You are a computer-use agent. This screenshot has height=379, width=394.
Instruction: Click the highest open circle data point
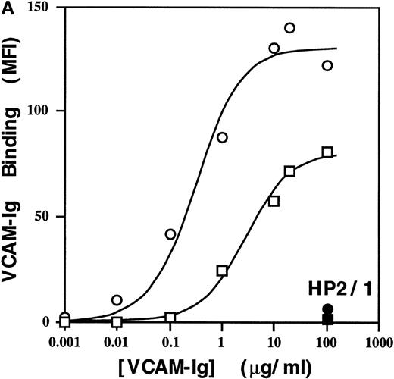tap(289, 28)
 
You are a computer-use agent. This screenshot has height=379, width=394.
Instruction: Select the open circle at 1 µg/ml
tap(222, 137)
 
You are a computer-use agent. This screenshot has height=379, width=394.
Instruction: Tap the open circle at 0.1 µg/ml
tap(170, 233)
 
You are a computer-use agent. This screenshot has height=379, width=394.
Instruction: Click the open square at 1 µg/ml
tap(222, 270)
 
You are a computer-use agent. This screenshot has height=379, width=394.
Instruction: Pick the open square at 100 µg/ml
tap(327, 152)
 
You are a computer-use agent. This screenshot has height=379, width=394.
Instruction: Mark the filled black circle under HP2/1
tap(327, 309)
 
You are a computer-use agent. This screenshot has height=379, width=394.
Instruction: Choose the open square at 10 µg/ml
tap(274, 201)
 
